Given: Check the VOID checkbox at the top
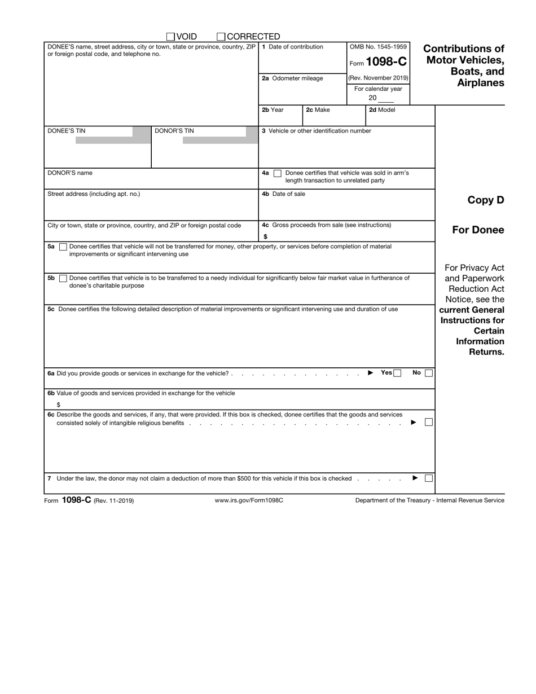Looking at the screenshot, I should click(x=171, y=37).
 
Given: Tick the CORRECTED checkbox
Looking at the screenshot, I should click(x=221, y=37).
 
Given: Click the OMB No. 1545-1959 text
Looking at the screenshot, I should click(x=378, y=47).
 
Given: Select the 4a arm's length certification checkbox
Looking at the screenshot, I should click(x=277, y=173).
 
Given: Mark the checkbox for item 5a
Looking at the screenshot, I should click(x=63, y=247).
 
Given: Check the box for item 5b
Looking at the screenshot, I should click(x=63, y=278).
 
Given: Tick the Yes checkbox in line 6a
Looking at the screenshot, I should click(x=397, y=373).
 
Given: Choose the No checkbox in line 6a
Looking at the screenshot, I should click(x=429, y=373).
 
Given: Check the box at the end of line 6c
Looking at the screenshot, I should click(x=429, y=422).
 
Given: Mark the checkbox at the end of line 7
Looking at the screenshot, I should click(x=429, y=478).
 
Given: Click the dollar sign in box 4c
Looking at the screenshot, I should click(x=266, y=236).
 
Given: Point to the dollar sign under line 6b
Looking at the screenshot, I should click(x=59, y=405).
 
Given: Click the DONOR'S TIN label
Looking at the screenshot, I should click(x=174, y=131).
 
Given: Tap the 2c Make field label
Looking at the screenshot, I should click(x=318, y=110).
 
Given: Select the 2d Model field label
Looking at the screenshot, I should click(x=382, y=110).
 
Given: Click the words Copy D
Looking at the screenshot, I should click(x=485, y=200).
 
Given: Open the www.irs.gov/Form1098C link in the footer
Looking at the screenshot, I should click(x=249, y=500).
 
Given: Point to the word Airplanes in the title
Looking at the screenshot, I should click(x=480, y=83).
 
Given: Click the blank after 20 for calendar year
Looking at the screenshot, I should click(x=386, y=99).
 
